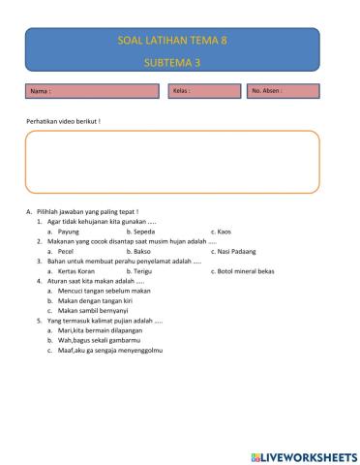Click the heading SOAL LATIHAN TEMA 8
172,43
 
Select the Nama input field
93,91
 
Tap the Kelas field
205,91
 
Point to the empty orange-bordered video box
172,162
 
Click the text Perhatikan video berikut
63,121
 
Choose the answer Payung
68,232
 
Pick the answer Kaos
224,232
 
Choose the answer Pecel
66,251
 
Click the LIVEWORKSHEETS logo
303,455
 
